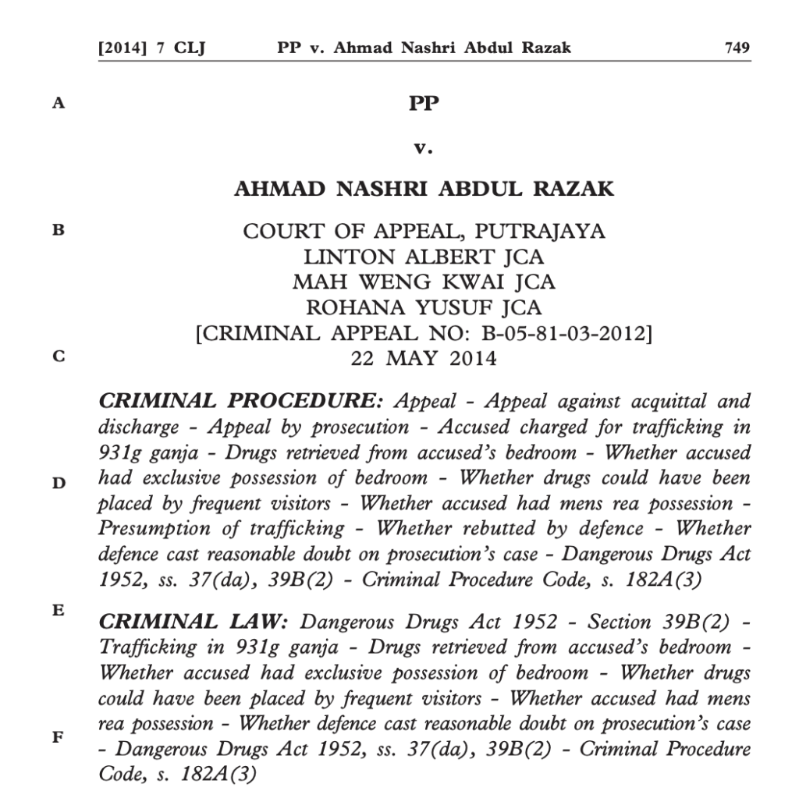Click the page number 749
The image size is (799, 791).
pyautogui.click(x=737, y=48)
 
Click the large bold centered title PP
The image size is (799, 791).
pyautogui.click(x=424, y=103)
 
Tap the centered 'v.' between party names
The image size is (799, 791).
pyautogui.click(x=424, y=146)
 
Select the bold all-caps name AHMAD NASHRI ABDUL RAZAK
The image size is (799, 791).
pyautogui.click(x=424, y=190)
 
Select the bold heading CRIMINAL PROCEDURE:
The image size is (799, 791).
pyautogui.click(x=241, y=403)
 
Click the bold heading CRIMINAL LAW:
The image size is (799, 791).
pyautogui.click(x=194, y=623)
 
